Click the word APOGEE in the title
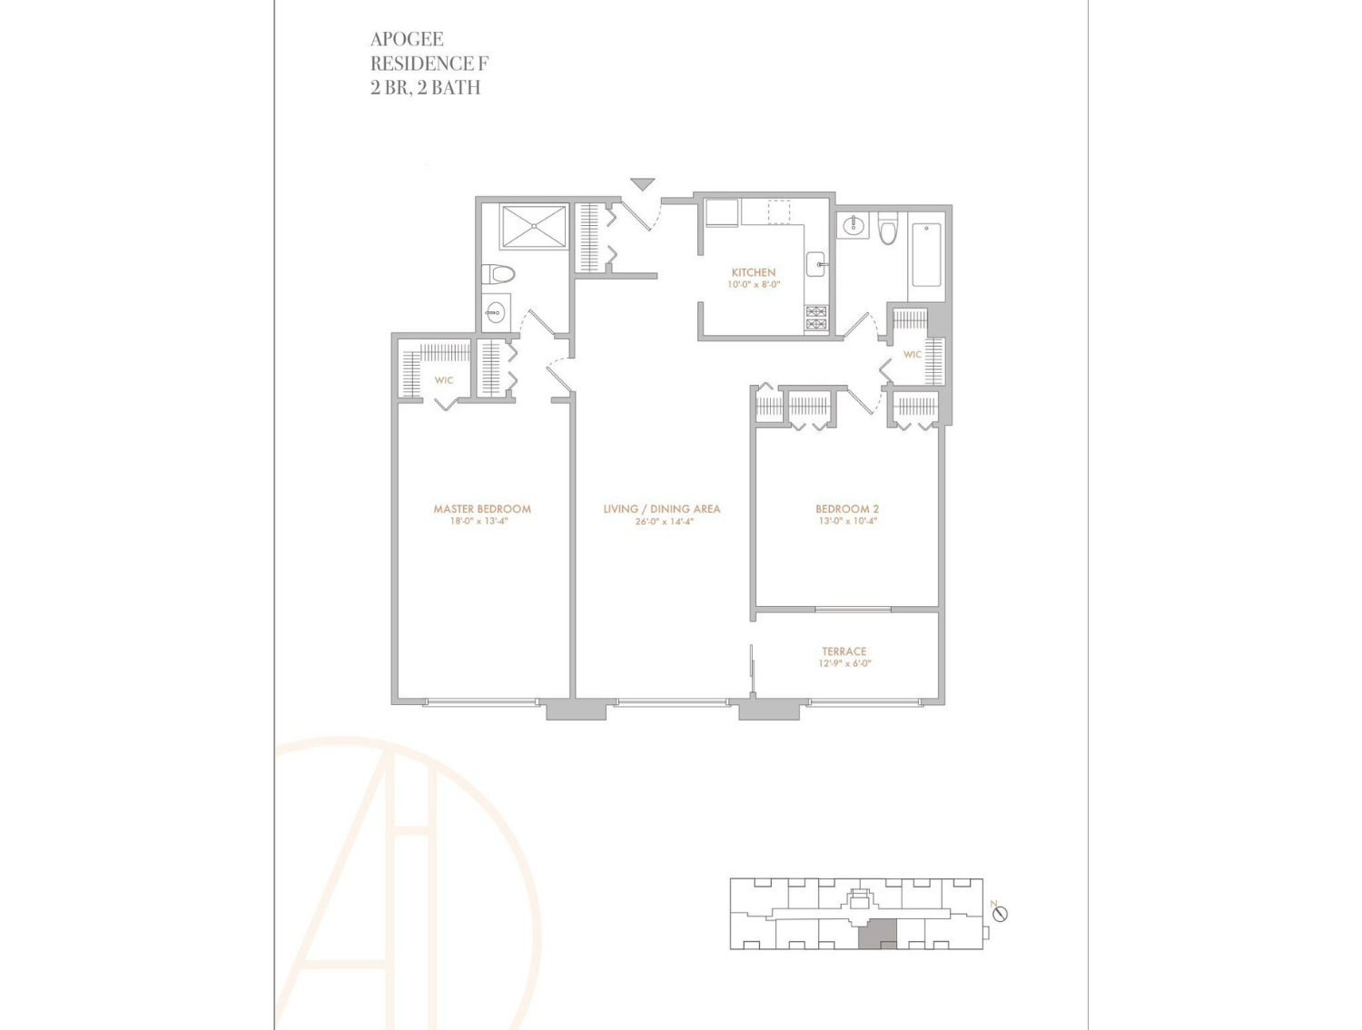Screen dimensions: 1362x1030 point(407,39)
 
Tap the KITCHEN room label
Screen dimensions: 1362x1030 point(754,272)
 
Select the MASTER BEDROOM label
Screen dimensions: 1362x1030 point(482,509)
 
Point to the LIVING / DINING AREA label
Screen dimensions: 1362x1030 point(661,509)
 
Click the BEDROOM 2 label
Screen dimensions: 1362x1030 point(847,509)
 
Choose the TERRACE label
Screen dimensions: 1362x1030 point(844,651)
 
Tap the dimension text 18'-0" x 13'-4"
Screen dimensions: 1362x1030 point(479,522)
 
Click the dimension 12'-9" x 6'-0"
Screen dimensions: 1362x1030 point(844,663)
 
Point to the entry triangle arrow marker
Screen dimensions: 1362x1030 point(642,184)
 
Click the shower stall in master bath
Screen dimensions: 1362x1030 point(534,227)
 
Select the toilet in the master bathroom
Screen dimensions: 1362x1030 point(498,273)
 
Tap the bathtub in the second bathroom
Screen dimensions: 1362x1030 point(926,255)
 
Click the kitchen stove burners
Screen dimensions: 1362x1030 point(816,318)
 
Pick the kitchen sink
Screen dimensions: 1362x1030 point(816,265)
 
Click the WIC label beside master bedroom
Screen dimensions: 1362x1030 point(444,380)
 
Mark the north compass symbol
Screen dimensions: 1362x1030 point(1000,914)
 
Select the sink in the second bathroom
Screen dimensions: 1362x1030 point(854,226)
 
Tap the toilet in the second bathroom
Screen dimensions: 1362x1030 point(887,228)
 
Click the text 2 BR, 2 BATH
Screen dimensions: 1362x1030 point(425,87)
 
